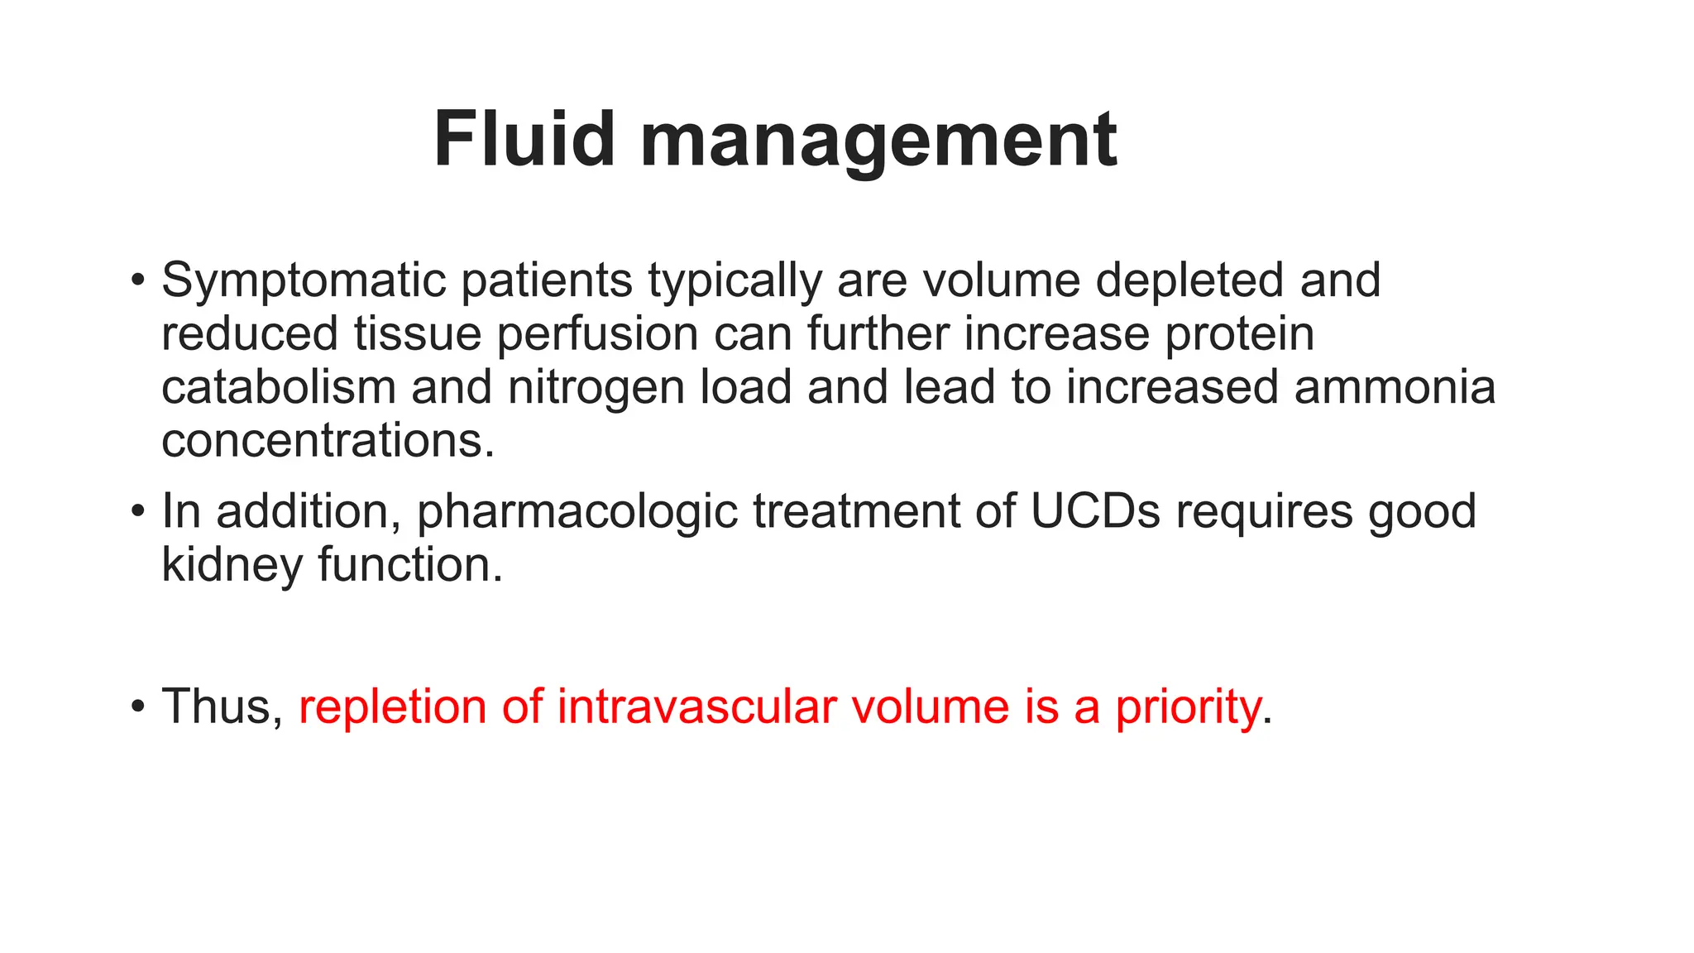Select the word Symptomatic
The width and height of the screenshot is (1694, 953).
click(x=303, y=281)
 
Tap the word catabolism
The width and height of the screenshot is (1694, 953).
click(x=279, y=387)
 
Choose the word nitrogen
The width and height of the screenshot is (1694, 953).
click(x=596, y=389)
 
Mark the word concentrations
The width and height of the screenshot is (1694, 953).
click(x=328, y=440)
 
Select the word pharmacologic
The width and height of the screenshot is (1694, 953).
click(x=577, y=513)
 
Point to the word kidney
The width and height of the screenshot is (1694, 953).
click(x=232, y=566)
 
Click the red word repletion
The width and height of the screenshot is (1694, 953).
click(x=393, y=708)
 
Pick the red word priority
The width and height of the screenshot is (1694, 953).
click(x=1188, y=708)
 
